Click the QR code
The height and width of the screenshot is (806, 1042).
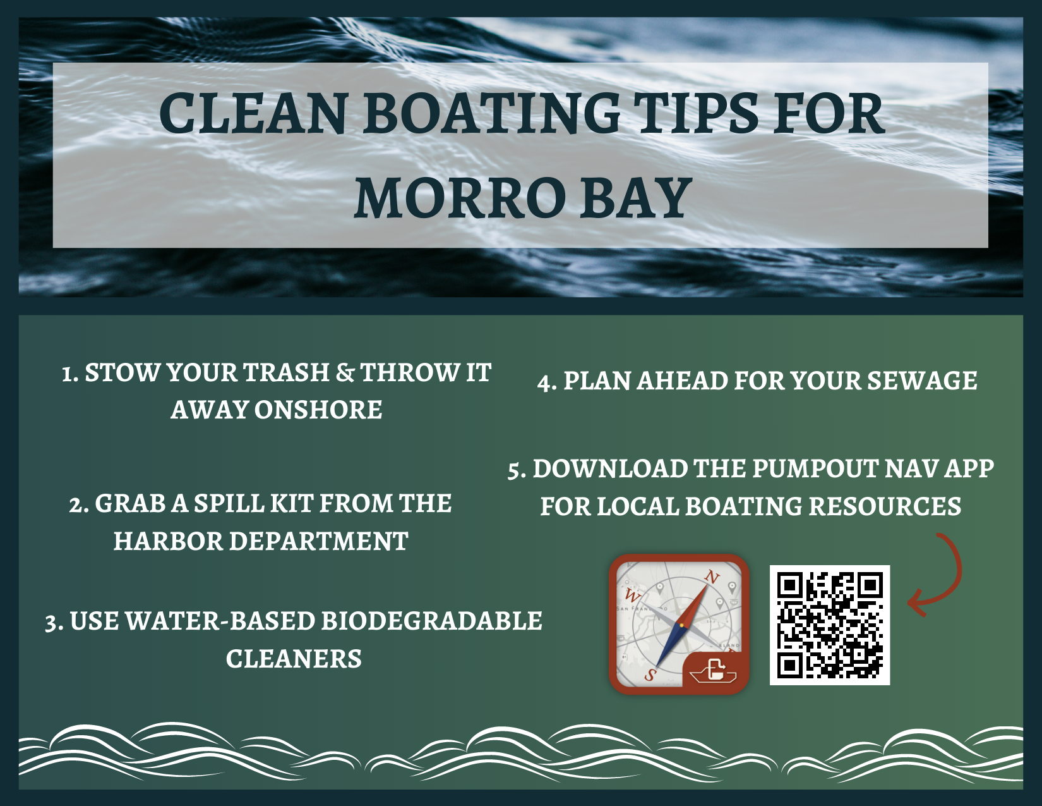(x=830, y=625)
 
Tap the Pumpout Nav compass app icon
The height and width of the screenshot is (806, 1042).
(x=678, y=624)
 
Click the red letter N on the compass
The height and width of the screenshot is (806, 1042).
(x=713, y=578)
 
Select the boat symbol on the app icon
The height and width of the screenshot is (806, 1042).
(x=713, y=672)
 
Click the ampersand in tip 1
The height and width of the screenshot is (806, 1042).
(x=345, y=373)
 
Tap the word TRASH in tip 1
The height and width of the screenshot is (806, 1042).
(x=285, y=373)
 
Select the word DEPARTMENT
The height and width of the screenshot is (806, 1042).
(x=318, y=542)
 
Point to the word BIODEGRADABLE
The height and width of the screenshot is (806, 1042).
(x=431, y=621)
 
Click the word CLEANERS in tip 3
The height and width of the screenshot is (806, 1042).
(x=294, y=659)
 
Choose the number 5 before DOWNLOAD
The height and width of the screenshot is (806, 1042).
(x=513, y=470)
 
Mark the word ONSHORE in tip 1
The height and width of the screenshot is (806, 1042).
(x=318, y=410)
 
